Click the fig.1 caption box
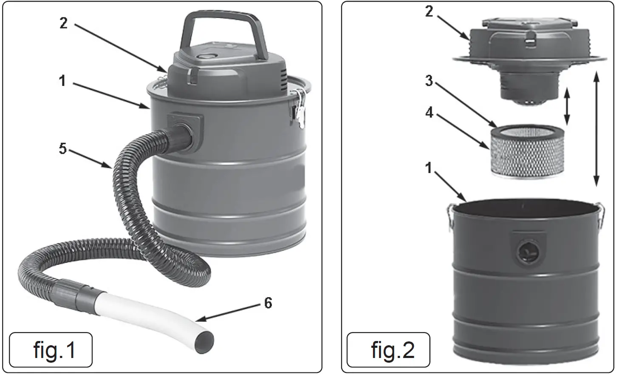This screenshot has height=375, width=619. [51, 349]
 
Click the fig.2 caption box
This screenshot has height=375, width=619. [388, 349]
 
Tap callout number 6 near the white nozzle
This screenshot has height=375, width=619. [268, 303]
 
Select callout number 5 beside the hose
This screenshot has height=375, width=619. [63, 149]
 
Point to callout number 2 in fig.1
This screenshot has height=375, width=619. [63, 23]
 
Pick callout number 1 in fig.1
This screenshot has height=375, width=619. [62, 80]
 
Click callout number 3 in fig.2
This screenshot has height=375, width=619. [429, 80]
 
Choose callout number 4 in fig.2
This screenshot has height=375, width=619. [429, 112]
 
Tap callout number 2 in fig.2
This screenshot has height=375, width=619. [429, 11]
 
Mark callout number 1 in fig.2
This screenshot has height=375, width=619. [429, 168]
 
